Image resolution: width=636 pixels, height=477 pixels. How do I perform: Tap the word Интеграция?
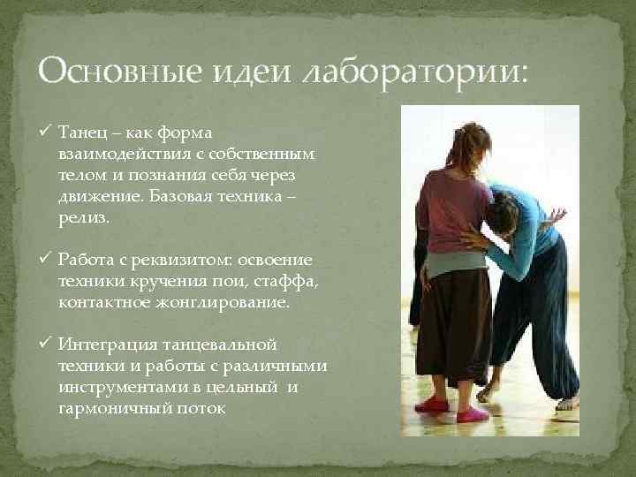[x=105, y=343]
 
